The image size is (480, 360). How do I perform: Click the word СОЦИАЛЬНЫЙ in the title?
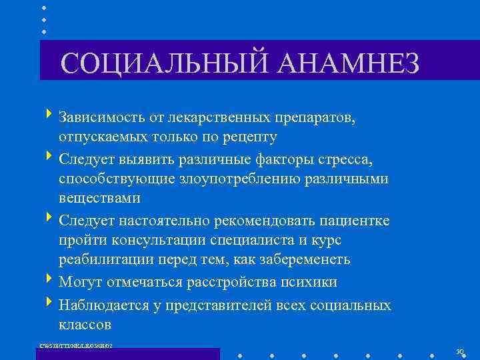point(157,64)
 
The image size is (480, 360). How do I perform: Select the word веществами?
point(99,198)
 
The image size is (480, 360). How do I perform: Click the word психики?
point(307,282)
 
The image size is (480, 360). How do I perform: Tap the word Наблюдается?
point(102,305)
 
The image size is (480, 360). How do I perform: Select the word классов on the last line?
point(85,324)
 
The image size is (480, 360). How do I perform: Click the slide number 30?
point(459,351)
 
